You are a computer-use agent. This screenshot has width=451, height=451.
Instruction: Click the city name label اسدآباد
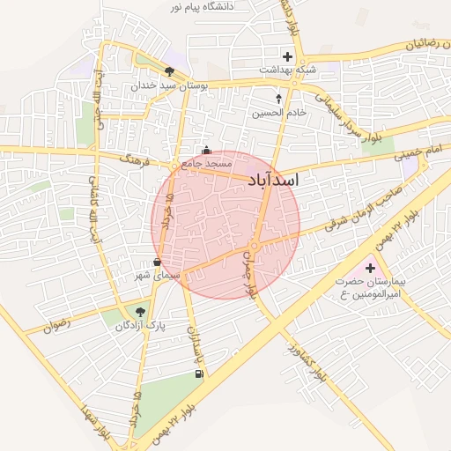coord(274,181)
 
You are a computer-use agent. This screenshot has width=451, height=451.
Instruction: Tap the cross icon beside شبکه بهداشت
coord(287,56)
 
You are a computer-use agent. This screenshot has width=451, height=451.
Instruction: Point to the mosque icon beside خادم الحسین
coord(280,99)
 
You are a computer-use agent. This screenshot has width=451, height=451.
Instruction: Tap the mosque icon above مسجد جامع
coord(206,151)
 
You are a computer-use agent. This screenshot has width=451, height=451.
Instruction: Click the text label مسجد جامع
coord(207,164)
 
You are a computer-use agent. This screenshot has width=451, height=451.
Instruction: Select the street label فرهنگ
coord(139,162)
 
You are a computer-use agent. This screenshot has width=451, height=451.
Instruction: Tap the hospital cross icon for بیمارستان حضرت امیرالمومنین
coord(369,268)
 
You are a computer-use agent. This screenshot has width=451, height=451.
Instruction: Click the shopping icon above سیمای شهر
coord(157,262)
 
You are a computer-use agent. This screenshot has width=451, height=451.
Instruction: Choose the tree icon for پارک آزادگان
coord(139,311)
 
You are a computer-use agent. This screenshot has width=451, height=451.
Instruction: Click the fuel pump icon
coord(199,374)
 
